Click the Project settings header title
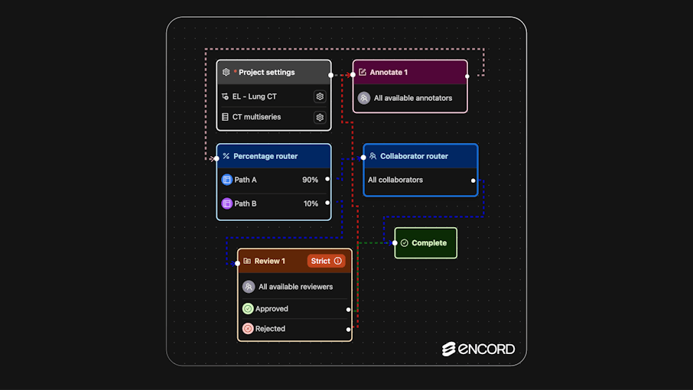[266, 72]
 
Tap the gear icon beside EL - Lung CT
[320, 96]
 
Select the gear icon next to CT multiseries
[320, 117]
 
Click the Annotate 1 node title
[389, 72]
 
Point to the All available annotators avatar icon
[364, 98]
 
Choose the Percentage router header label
[265, 156]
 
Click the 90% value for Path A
[310, 180]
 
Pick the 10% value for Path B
[311, 203]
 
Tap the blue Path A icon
[226, 180]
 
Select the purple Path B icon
[226, 203]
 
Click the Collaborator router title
[414, 156]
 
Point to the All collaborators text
[395, 180]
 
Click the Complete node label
[429, 243]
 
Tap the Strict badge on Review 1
[326, 261]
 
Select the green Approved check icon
[248, 308]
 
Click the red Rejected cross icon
[248, 329]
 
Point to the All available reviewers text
[296, 287]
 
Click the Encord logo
[478, 349]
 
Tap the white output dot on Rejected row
[348, 330]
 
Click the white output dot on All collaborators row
[473, 180]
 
